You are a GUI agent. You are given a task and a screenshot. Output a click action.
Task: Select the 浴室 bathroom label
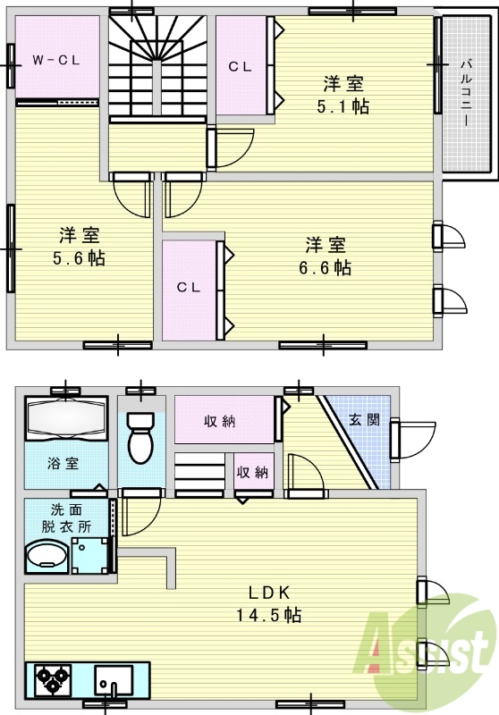click(x=63, y=464)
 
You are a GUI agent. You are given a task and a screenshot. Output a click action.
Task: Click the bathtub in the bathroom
click(x=66, y=419)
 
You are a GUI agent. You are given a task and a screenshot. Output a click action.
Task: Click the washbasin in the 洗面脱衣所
click(x=47, y=556)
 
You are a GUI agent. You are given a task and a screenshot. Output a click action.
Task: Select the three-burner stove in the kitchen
click(x=55, y=679)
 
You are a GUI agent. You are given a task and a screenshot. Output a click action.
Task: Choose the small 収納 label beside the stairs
click(x=253, y=472)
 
